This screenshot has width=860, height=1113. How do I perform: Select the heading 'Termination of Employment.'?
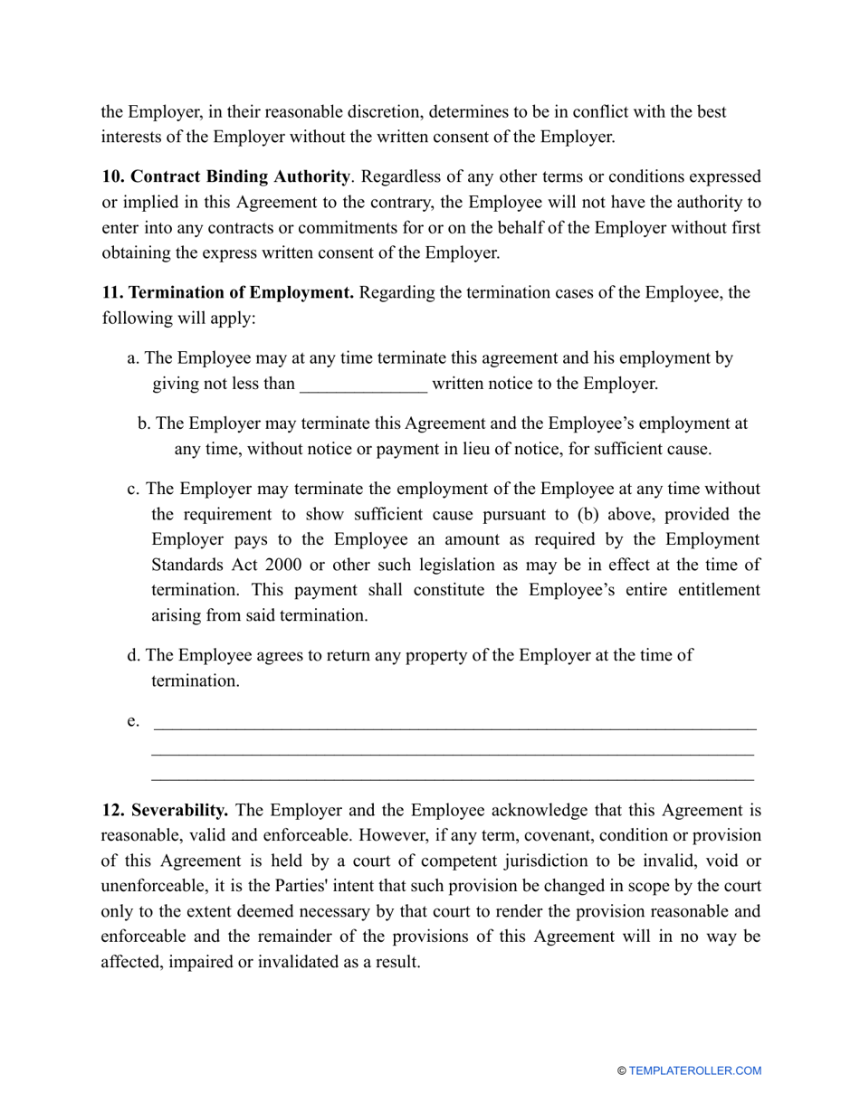coord(227,293)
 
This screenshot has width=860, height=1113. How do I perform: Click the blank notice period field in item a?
coord(363,385)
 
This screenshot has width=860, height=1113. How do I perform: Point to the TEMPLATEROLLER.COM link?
coord(695,1070)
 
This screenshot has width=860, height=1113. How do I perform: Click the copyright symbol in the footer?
coord(622,1070)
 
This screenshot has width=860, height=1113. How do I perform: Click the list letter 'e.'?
coord(133,720)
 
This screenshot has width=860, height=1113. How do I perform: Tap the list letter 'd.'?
coord(134,654)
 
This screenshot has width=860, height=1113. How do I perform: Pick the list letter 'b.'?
coord(145,423)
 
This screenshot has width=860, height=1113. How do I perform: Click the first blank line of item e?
coord(454,725)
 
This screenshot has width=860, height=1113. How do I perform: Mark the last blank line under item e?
coord(452,777)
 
